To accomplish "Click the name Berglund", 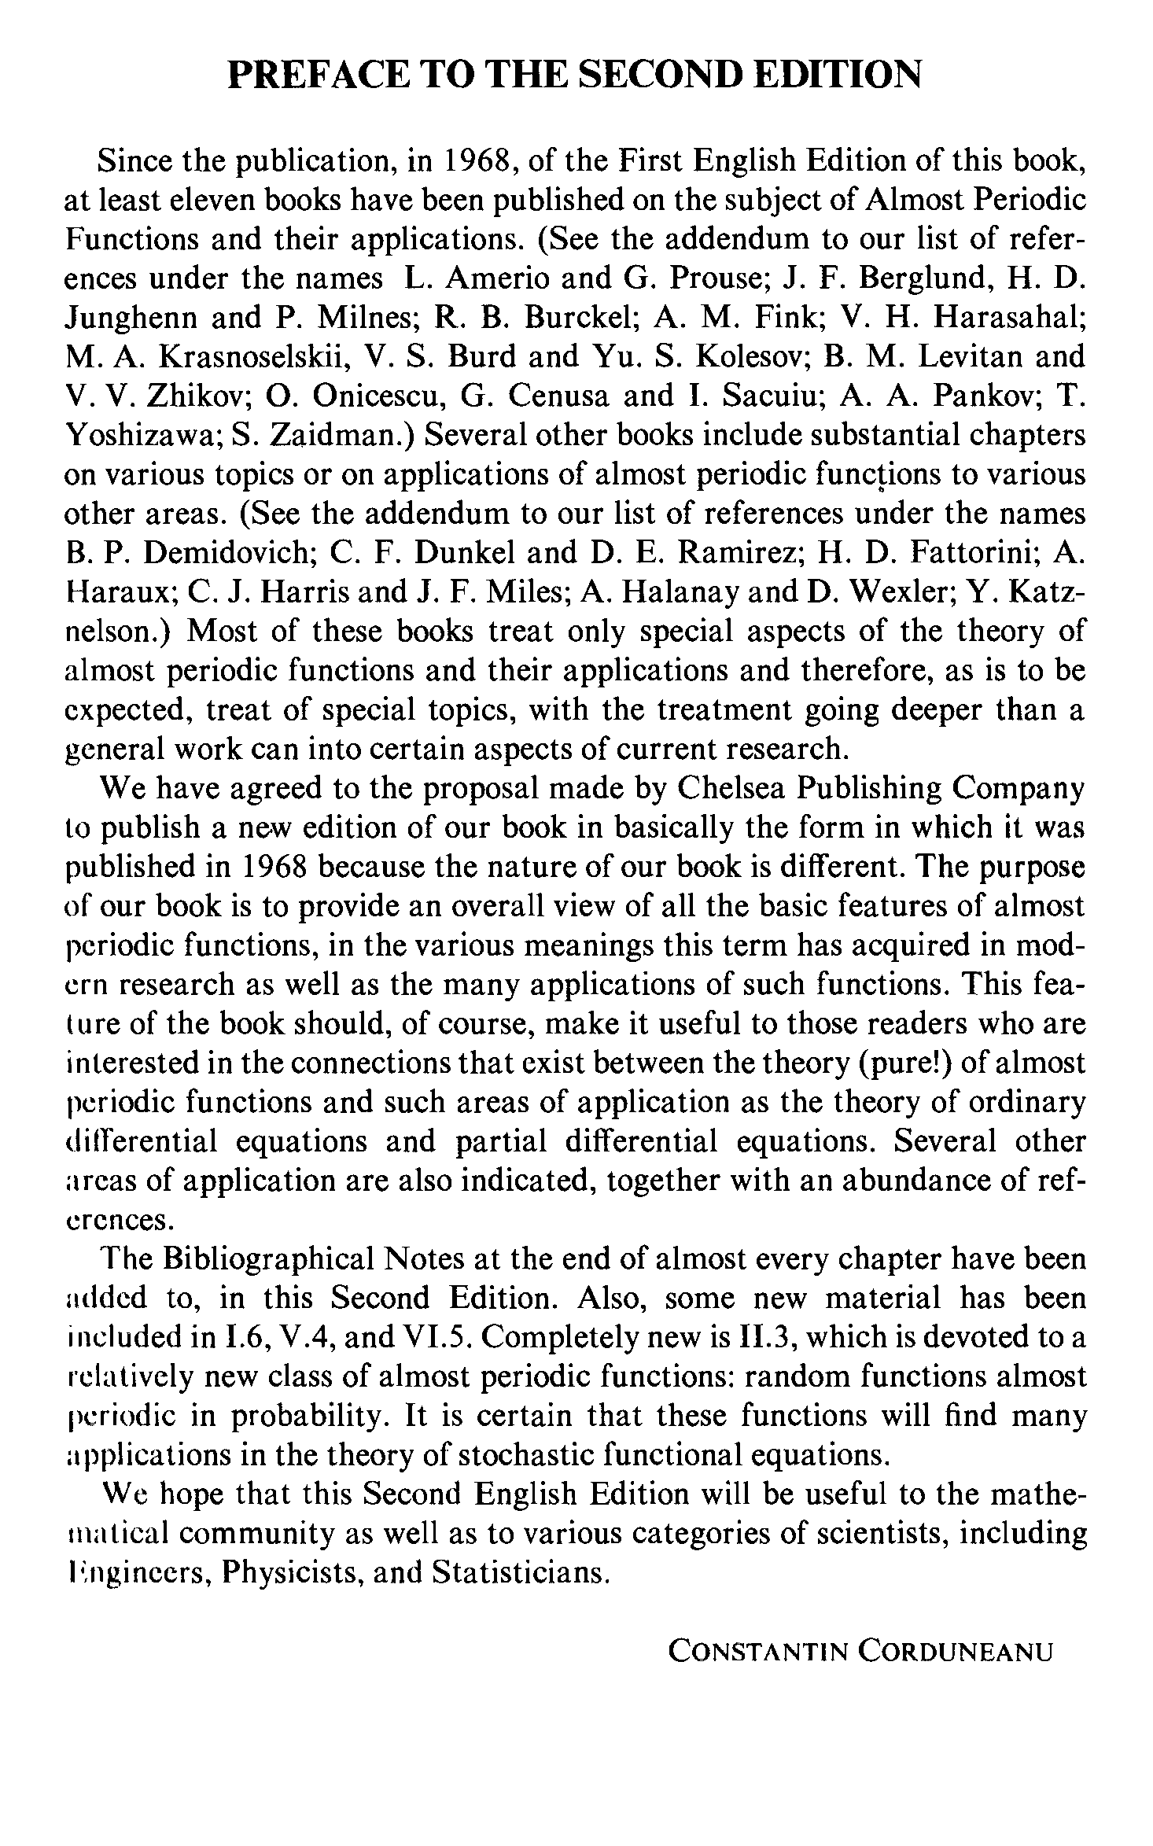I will tap(918, 279).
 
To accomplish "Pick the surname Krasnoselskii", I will tap(252, 358).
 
